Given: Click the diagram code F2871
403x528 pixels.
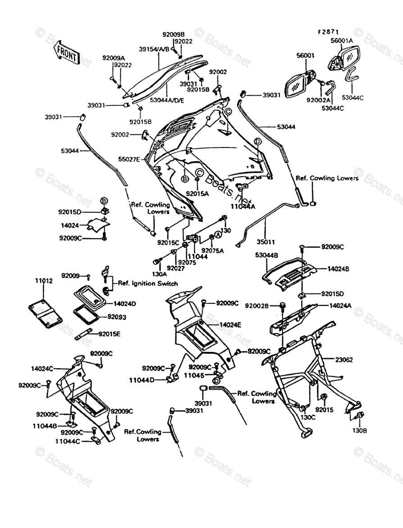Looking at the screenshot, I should point(328,32).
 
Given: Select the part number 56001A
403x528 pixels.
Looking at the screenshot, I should point(342,41).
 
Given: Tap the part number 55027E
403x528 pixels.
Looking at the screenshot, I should point(129,159).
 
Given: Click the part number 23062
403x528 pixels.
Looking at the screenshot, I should point(344,359).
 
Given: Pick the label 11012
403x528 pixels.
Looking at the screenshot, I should point(44,281).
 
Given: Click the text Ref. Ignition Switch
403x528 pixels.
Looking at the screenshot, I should point(148,284).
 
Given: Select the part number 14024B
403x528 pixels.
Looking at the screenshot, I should point(339,269).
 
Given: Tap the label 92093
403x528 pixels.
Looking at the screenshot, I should point(117,317).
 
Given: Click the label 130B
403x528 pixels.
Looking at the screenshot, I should point(359,431).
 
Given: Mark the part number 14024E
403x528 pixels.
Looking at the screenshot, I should point(230,325).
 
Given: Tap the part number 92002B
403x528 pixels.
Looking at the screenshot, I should point(257,306).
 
